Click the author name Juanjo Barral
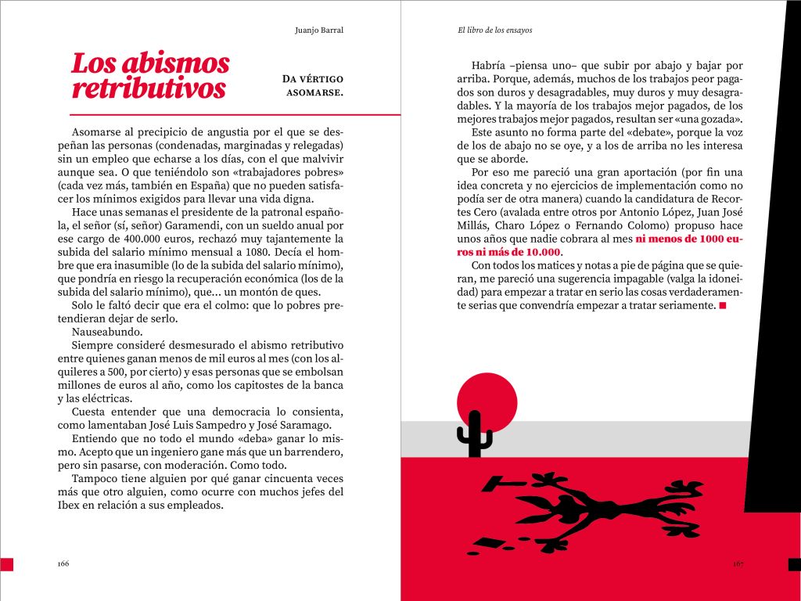tap(319, 31)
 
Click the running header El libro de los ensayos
tap(494, 31)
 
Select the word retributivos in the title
tap(149, 88)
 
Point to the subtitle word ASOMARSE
tap(315, 93)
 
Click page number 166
tap(64, 563)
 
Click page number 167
tap(738, 563)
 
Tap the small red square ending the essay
tap(722, 306)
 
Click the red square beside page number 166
tap(6, 563)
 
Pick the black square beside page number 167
tap(794, 563)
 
